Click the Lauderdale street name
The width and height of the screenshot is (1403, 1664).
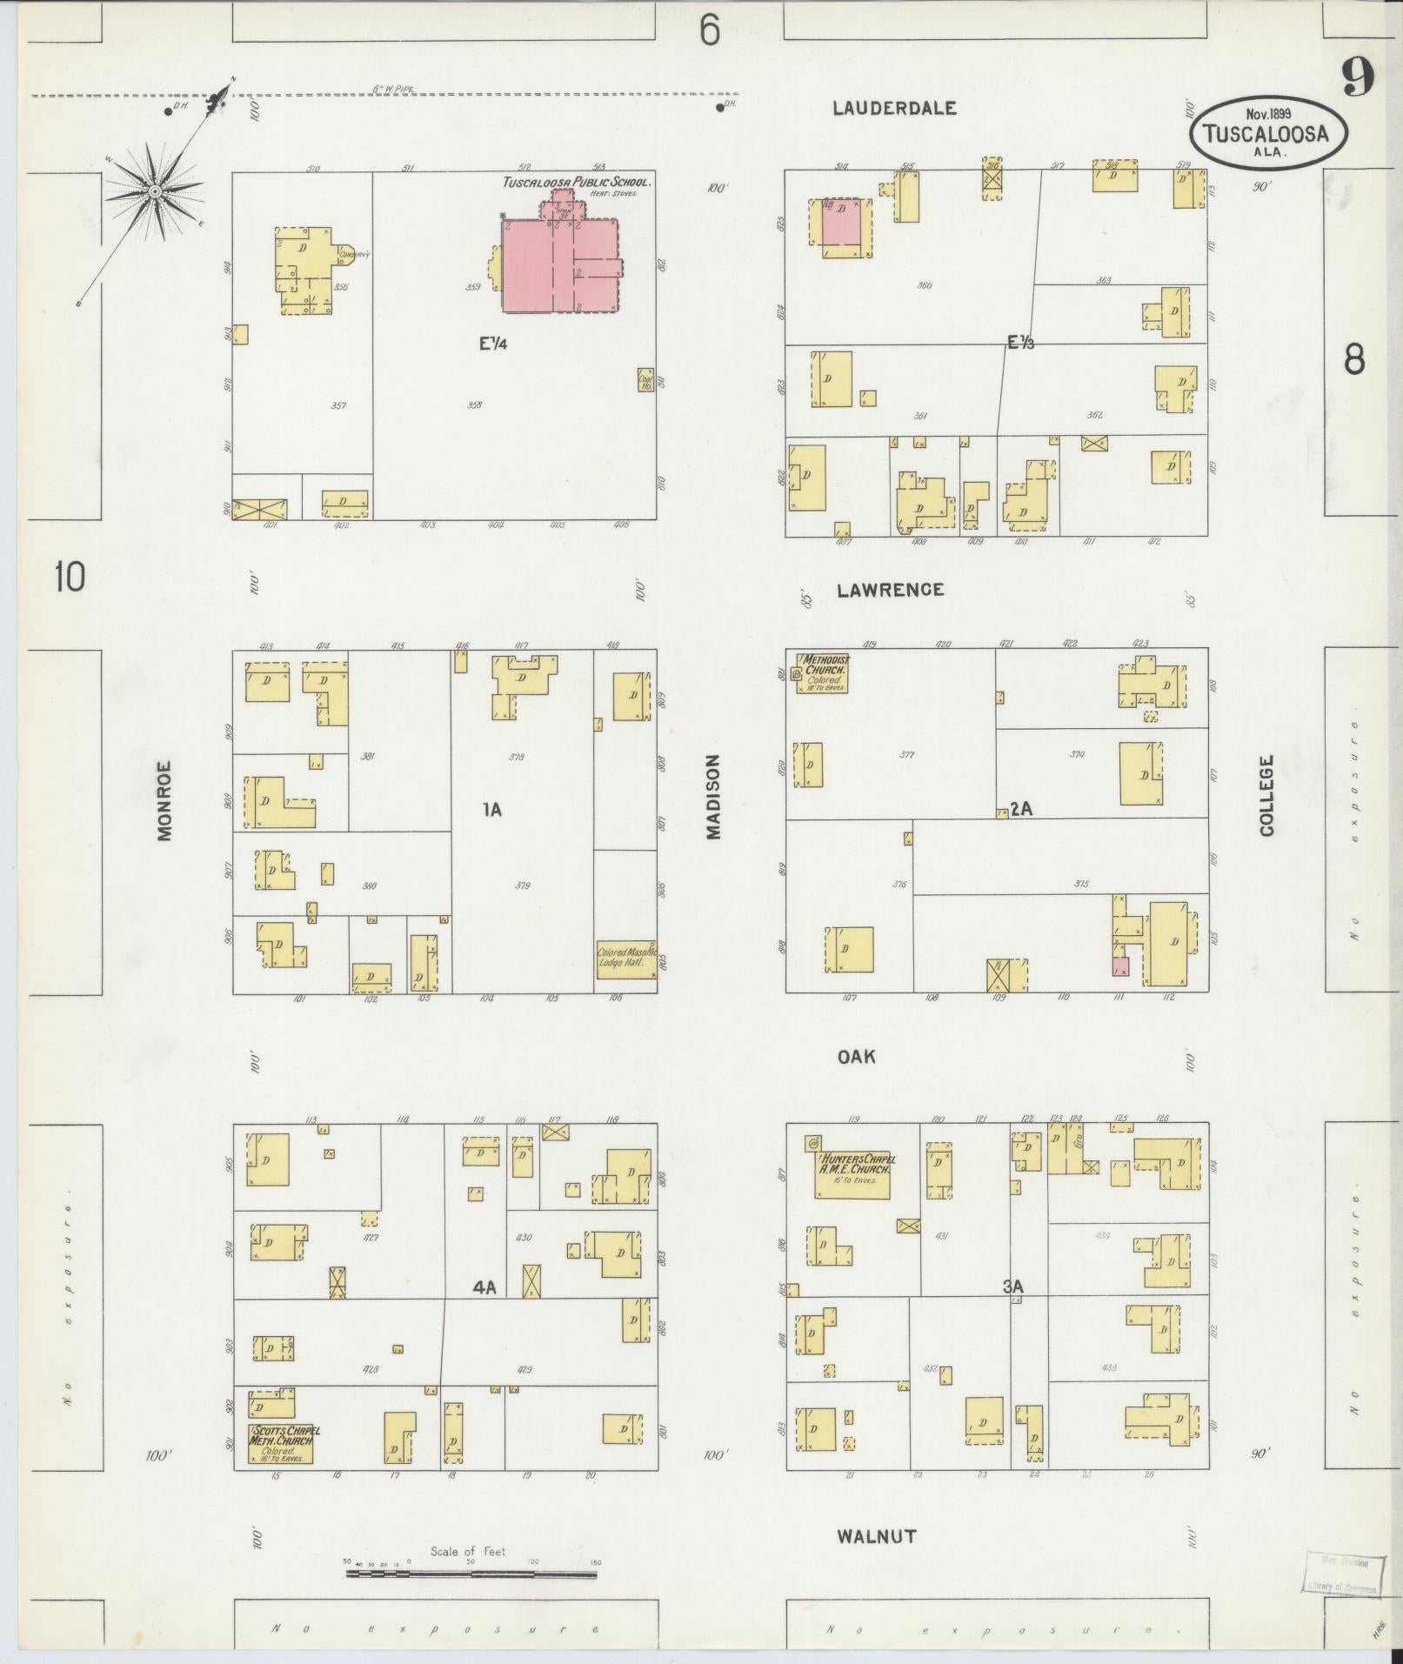(x=894, y=108)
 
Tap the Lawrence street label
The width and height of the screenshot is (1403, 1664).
(x=890, y=590)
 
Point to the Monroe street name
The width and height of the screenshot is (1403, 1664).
(x=165, y=801)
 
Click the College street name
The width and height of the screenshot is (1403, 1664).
(x=1266, y=795)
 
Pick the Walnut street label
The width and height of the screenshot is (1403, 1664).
(x=876, y=1536)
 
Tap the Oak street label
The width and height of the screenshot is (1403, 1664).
(x=856, y=1057)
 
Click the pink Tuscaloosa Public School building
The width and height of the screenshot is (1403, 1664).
(x=557, y=265)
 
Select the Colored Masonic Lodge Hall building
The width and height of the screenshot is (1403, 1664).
(x=626, y=959)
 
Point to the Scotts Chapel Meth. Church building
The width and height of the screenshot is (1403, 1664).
(x=281, y=1444)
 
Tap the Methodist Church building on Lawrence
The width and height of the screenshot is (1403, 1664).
(x=822, y=673)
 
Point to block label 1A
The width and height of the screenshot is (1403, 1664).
(x=491, y=810)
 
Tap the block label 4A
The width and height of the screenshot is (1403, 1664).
(x=484, y=1288)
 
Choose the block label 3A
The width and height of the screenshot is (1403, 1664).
(x=1012, y=1286)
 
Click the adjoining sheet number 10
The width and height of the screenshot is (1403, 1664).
(x=70, y=577)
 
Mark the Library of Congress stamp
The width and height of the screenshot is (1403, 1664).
(x=1342, y=1574)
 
